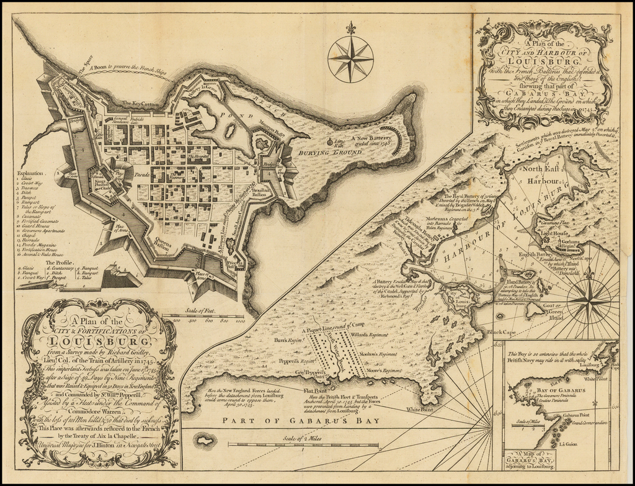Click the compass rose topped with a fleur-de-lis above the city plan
pos(350,58)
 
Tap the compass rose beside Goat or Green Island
pos(588,301)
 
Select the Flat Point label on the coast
pos(316,391)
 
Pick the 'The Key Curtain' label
pos(142,103)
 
